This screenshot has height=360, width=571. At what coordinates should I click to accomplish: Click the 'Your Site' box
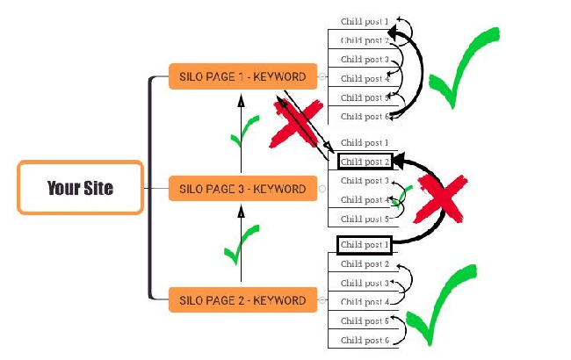[x=80, y=187]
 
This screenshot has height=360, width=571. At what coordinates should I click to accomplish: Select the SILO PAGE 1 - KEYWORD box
[x=242, y=76]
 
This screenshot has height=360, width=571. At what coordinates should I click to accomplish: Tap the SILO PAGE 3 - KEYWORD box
[x=242, y=189]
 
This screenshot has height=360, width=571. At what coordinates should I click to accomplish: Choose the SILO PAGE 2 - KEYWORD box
[x=242, y=300]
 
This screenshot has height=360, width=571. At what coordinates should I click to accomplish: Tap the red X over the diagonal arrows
[x=293, y=129]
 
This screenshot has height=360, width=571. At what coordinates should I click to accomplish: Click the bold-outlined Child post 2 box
[x=364, y=162]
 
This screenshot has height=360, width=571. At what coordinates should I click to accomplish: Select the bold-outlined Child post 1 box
[x=364, y=245]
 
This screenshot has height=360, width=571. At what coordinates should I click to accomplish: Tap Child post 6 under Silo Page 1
[x=364, y=116]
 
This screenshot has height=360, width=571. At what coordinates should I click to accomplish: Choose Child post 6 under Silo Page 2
[x=364, y=340]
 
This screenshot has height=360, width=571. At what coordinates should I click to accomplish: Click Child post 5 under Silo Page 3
[x=364, y=219]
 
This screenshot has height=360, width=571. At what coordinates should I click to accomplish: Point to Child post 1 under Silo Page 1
[x=364, y=20]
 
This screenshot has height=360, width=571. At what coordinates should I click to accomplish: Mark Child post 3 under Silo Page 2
[x=364, y=283]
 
